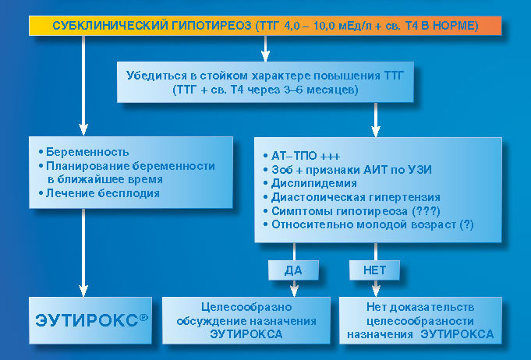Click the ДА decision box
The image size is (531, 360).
(x=293, y=270)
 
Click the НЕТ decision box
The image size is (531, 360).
(x=374, y=270)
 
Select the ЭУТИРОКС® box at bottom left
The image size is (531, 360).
(x=90, y=320)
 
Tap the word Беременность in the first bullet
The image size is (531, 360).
(x=87, y=152)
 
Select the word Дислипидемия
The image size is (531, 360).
(x=314, y=183)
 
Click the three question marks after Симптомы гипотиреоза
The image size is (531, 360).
(x=426, y=211)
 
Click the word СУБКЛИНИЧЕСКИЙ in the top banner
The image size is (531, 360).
(x=110, y=26)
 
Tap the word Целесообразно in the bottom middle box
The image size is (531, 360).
(x=246, y=307)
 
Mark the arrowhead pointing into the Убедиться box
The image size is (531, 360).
(x=265, y=56)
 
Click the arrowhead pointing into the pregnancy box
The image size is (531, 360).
(x=83, y=129)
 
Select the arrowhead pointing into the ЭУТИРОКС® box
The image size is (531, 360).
(x=83, y=291)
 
